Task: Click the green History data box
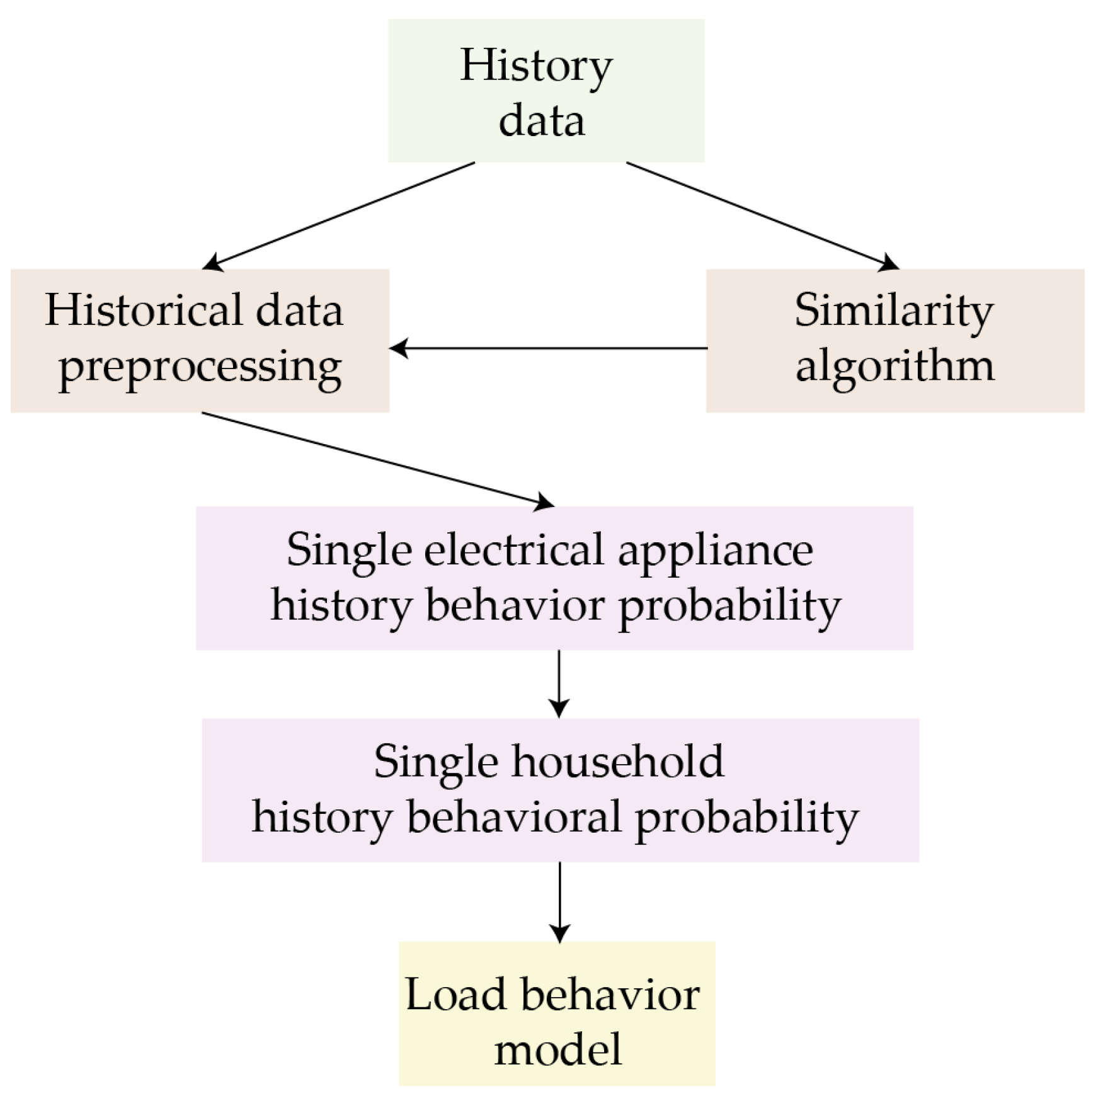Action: click(x=546, y=91)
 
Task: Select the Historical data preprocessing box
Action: click(x=200, y=341)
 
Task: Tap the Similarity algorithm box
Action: click(x=894, y=341)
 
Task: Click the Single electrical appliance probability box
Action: click(x=554, y=578)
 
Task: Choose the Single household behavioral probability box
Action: click(x=560, y=789)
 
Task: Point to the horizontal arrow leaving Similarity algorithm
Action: click(x=548, y=348)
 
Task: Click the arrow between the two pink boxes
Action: click(x=559, y=683)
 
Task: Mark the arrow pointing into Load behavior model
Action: click(x=559, y=901)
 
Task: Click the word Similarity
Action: click(x=894, y=312)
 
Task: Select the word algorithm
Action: click(x=894, y=367)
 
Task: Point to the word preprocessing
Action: click(x=200, y=367)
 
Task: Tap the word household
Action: click(x=617, y=762)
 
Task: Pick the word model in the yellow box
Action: click(x=558, y=1049)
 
